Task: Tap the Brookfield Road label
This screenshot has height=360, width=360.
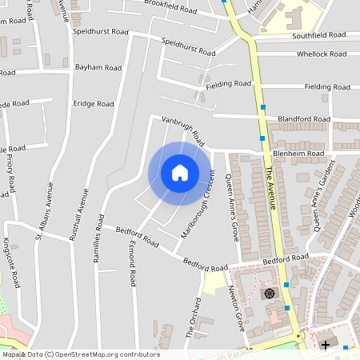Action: pyautogui.click(x=170, y=7)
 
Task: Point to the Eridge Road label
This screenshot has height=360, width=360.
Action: pyautogui.click(x=94, y=104)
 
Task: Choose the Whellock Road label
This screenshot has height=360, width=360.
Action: pyautogui.click(x=322, y=54)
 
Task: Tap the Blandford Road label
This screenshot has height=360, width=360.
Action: pyautogui.click(x=303, y=119)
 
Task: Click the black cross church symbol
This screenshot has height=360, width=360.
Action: pyautogui.click(x=325, y=345)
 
